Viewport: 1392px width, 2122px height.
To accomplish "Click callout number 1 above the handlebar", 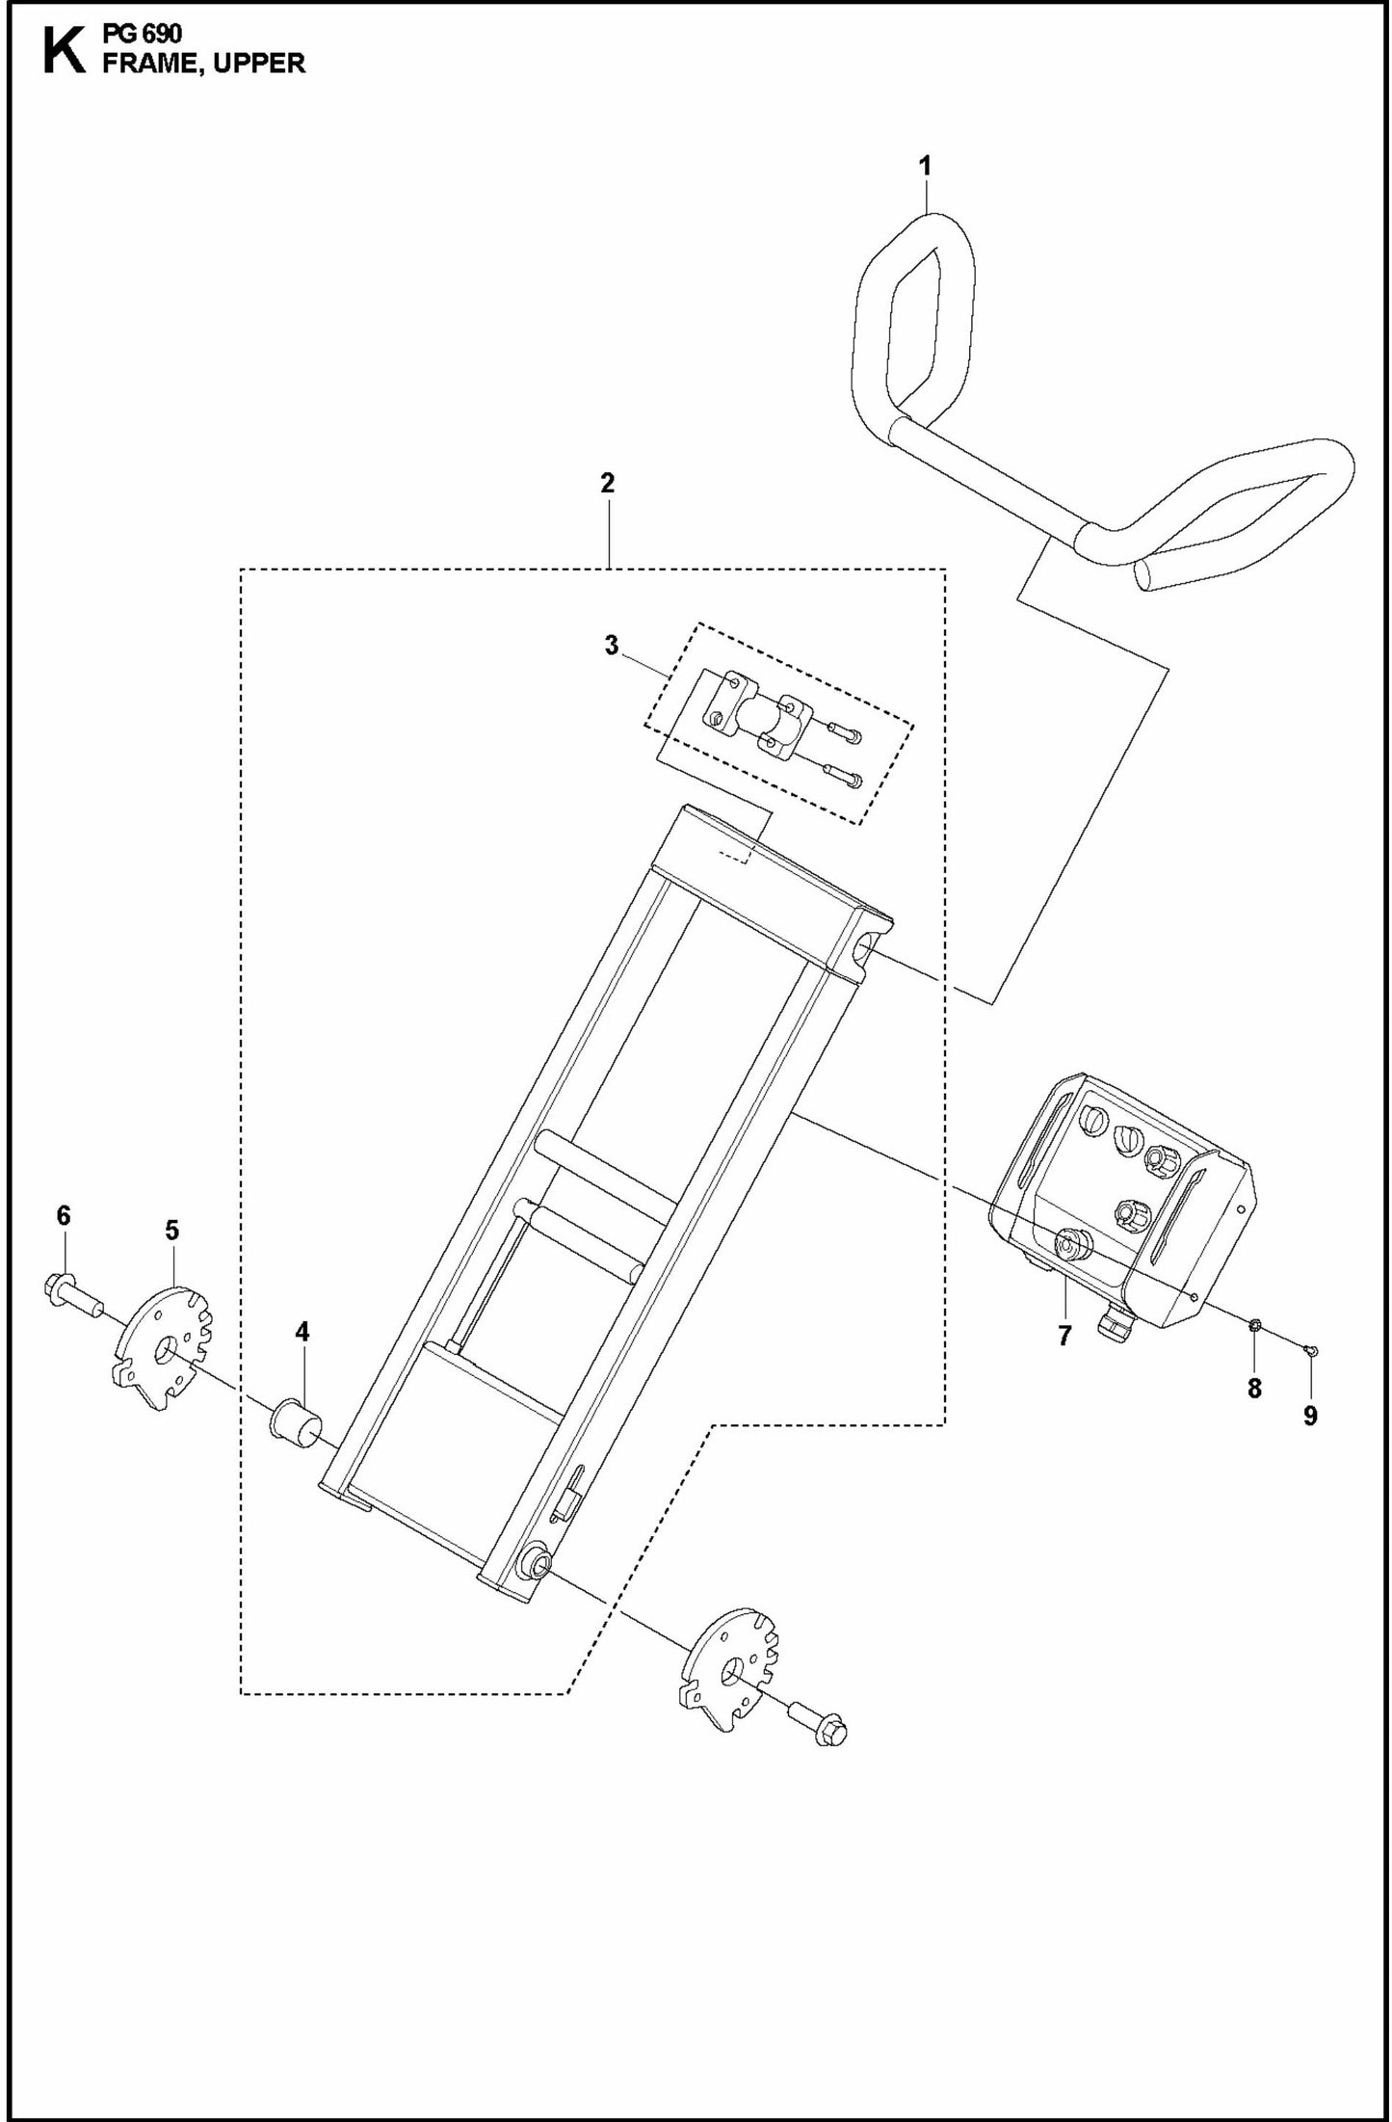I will tap(925, 167).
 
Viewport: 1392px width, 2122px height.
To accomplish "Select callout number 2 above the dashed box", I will tap(607, 484).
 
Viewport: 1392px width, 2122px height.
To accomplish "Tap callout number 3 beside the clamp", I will tap(612, 645).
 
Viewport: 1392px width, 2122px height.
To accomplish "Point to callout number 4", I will tap(302, 1332).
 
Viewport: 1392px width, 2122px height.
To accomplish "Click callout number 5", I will tap(171, 1231).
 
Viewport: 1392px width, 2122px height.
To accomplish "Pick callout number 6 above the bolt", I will tap(64, 1216).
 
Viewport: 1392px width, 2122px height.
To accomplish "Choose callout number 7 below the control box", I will tap(1064, 1336).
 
